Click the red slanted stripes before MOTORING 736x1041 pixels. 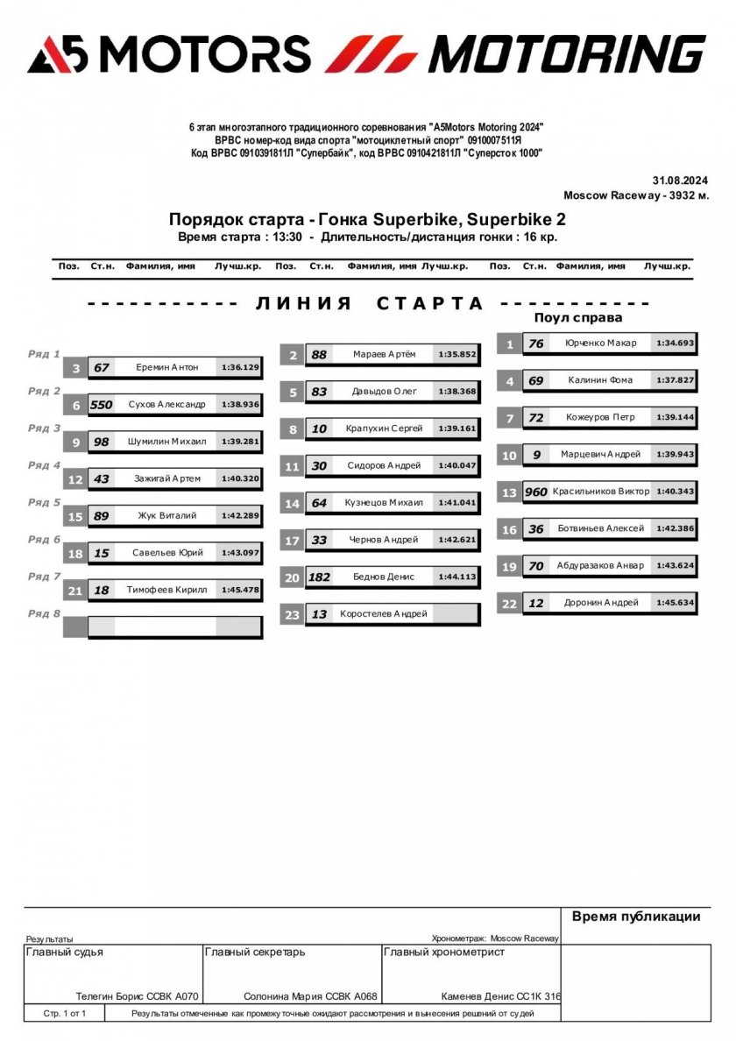point(372,54)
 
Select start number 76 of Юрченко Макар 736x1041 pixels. point(535,343)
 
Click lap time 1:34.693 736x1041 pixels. point(676,343)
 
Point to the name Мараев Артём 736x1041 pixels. point(385,355)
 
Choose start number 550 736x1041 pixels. point(102,405)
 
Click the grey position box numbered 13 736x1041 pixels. point(509,492)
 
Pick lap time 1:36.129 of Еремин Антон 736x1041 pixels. point(240,368)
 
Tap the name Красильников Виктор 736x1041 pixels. point(601,492)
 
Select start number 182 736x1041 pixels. point(319,577)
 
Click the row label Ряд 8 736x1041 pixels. point(44,613)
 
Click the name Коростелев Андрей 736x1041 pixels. point(384,614)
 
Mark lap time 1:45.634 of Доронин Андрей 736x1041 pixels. point(676,603)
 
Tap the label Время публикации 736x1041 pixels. point(636,917)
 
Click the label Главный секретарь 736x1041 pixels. point(255,952)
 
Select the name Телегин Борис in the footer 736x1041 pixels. point(112,996)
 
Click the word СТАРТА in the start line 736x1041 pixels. point(430,303)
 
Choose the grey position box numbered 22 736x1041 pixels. point(509,604)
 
